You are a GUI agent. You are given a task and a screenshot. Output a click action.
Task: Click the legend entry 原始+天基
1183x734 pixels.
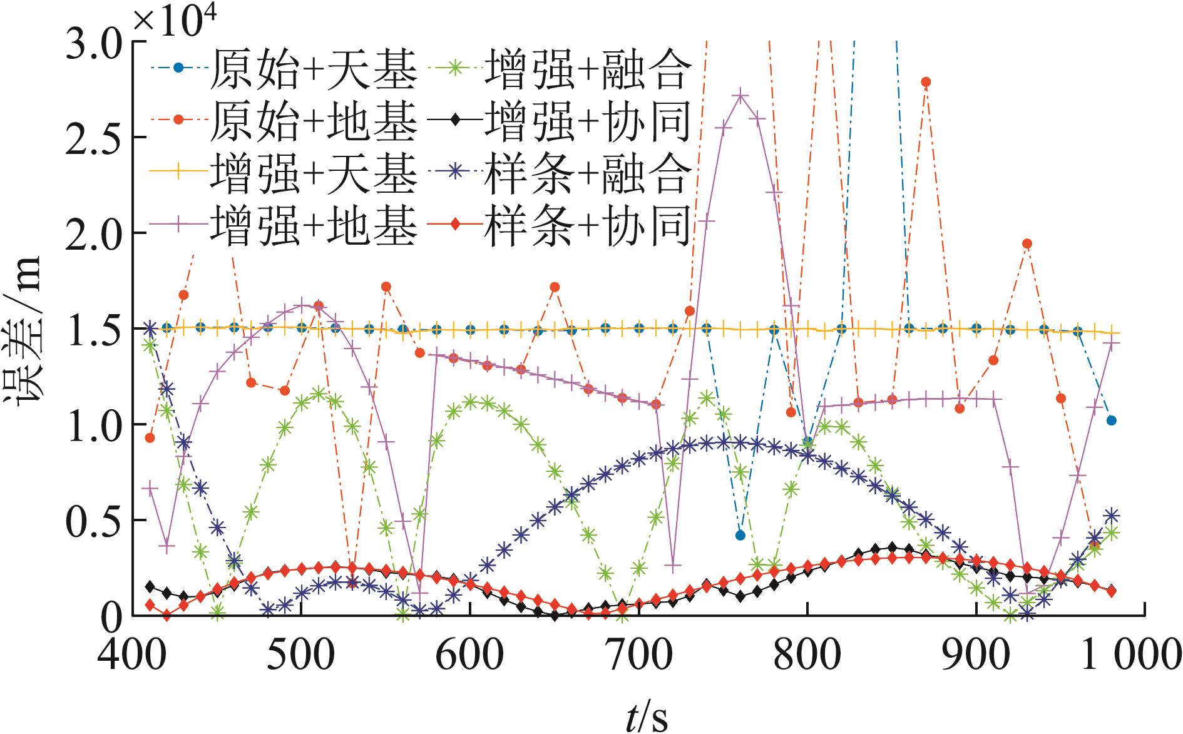pyautogui.click(x=284, y=69)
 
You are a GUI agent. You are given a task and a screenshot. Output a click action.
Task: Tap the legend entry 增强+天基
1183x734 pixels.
pyautogui.click(x=284, y=173)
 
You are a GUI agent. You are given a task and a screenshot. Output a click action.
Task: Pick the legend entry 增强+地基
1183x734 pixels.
pyautogui.click(x=284, y=226)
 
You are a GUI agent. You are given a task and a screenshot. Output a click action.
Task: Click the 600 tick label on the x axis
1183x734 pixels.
pyautogui.click(x=470, y=654)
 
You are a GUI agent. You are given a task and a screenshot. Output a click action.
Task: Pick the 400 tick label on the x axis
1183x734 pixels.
pyautogui.click(x=133, y=654)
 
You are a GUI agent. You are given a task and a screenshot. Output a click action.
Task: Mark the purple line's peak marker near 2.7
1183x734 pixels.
pyautogui.click(x=740, y=96)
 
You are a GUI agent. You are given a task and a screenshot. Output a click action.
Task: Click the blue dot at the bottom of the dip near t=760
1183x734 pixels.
pyautogui.click(x=740, y=535)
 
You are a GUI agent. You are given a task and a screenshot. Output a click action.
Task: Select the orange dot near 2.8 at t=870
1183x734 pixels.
pyautogui.click(x=926, y=82)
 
